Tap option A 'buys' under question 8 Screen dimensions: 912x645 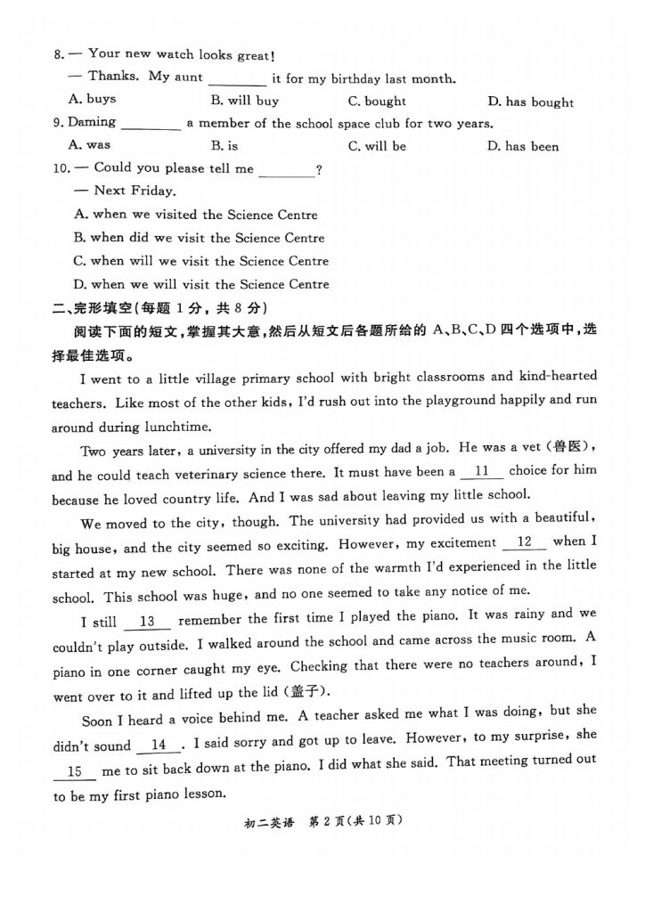[x=92, y=99]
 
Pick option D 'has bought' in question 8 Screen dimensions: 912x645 [x=530, y=102]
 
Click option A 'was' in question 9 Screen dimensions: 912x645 [x=89, y=144]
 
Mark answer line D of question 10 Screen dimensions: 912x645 [x=201, y=285]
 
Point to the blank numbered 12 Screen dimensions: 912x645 [x=524, y=541]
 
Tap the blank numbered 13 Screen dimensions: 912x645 [x=148, y=621]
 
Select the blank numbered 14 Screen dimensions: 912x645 [x=159, y=745]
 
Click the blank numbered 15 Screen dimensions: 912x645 [x=75, y=771]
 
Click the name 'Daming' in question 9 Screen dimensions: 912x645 [x=92, y=123]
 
